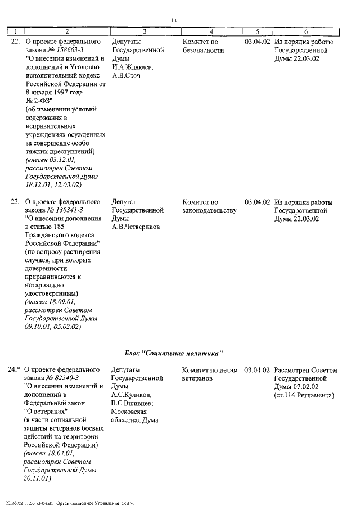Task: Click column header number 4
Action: pyautogui.click(x=210, y=32)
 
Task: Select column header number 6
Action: pyautogui.click(x=305, y=32)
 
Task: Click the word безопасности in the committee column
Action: pyautogui.click(x=203, y=51)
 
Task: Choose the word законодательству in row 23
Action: pyautogui.click(x=210, y=210)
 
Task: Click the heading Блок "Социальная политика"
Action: pyautogui.click(x=174, y=353)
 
